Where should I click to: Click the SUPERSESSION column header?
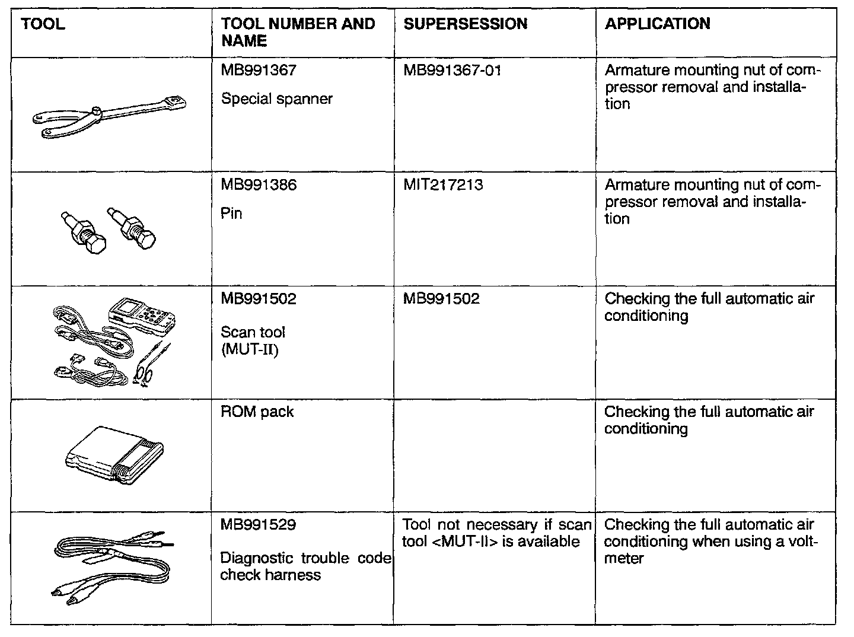pyautogui.click(x=465, y=24)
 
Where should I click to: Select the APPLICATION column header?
pyautogui.click(x=657, y=24)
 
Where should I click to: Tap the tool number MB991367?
pyautogui.click(x=259, y=71)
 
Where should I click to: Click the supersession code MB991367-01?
pyautogui.click(x=452, y=71)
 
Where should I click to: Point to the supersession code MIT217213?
pyautogui.click(x=443, y=185)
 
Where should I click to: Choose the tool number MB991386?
pyautogui.click(x=259, y=185)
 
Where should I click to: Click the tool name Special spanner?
pyautogui.click(x=277, y=99)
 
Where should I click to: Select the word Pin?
pyautogui.click(x=231, y=214)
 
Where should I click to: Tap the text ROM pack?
pyautogui.click(x=257, y=412)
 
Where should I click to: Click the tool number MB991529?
pyautogui.click(x=259, y=525)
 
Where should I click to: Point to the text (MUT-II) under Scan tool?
pyautogui.click(x=249, y=349)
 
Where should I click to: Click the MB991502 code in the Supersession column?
pyautogui.click(x=441, y=299)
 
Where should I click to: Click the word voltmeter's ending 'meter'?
pyautogui.click(x=624, y=559)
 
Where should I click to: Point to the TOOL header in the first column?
pyautogui.click(x=43, y=24)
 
